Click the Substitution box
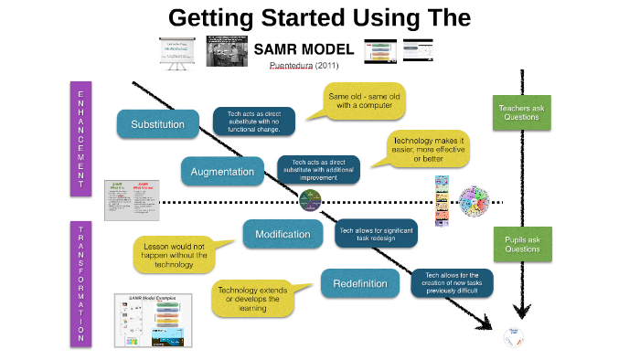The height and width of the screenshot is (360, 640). [158, 124]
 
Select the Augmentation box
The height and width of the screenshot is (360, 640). [223, 171]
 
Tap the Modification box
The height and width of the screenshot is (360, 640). [283, 234]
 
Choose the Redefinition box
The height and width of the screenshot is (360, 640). [360, 283]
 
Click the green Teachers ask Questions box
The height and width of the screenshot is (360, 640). [522, 112]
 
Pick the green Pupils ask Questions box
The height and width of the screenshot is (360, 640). [522, 244]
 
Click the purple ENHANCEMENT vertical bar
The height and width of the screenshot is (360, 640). [80, 138]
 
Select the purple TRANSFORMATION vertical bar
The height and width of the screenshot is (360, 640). [80, 284]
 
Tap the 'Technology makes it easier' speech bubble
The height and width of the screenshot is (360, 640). [427, 149]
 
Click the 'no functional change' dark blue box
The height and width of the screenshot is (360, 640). [254, 121]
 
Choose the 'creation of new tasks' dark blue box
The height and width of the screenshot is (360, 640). [453, 281]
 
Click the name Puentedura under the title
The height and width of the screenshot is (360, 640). [292, 66]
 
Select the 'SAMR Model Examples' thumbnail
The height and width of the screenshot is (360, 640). [153, 319]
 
